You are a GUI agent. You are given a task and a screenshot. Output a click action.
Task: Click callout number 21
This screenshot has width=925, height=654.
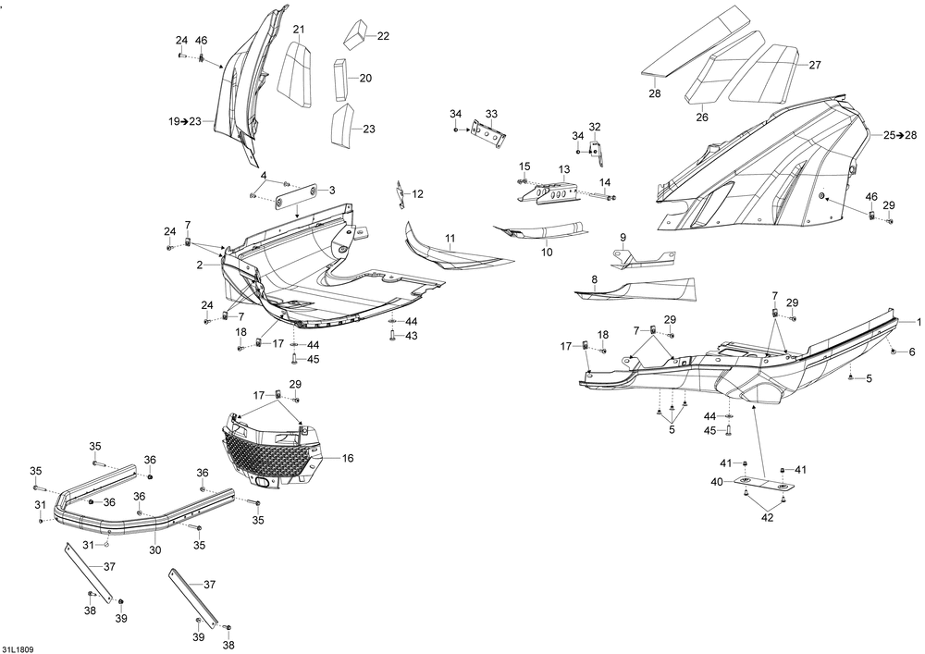(298, 30)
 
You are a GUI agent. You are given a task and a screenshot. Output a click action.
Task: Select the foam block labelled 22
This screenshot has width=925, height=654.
(356, 34)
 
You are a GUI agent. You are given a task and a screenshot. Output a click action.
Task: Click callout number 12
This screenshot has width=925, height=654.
(418, 194)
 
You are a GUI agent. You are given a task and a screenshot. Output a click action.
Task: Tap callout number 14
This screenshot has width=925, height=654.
(605, 182)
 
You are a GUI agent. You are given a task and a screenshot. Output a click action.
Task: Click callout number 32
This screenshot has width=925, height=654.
(595, 127)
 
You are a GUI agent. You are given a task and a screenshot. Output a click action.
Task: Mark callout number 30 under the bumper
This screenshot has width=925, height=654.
(154, 550)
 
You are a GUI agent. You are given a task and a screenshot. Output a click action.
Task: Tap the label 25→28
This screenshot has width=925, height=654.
(899, 136)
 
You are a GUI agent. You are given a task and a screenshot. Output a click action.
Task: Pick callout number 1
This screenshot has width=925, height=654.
(919, 321)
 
